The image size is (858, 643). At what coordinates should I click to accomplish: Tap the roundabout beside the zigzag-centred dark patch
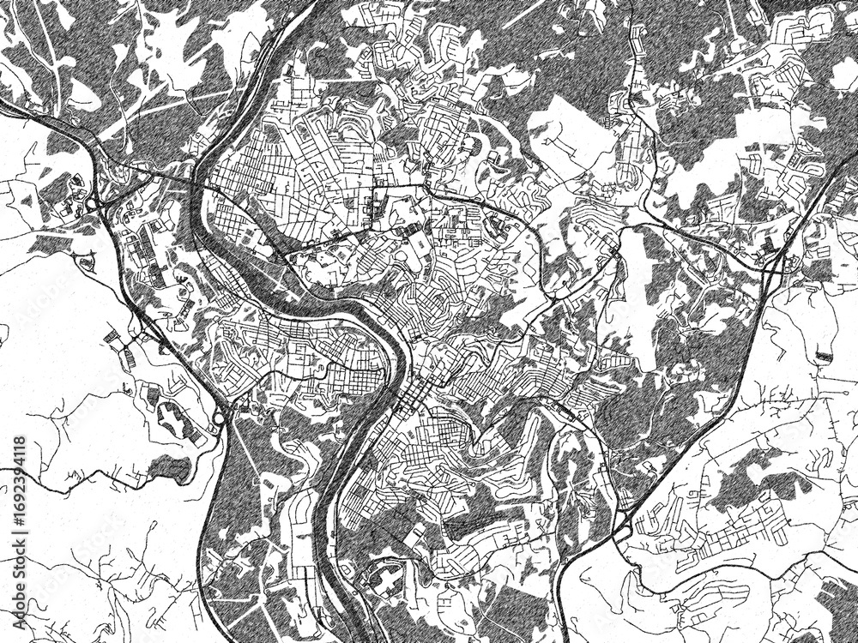(218, 419)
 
